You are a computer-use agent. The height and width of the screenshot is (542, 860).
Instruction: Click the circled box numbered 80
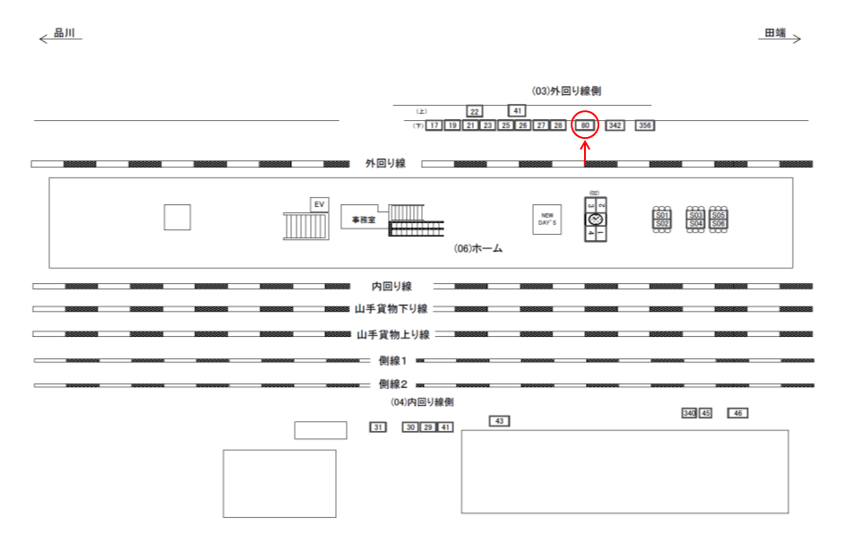pos(585,125)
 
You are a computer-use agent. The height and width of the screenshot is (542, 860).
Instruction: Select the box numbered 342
pos(615,125)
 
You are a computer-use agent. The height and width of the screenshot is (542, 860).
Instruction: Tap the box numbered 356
pos(645,125)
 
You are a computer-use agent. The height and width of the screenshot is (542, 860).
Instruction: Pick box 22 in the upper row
pos(475,111)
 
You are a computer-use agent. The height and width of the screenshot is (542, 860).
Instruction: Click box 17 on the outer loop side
pos(434,125)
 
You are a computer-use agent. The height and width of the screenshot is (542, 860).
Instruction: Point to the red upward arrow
pos(585,154)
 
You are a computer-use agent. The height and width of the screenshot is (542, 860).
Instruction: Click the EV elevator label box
pos(319,205)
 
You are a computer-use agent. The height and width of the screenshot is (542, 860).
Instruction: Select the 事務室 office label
pos(364,219)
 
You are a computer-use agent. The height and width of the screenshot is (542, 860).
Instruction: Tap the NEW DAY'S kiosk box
pos(547,219)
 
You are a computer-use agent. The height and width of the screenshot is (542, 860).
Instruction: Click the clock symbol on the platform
pos(595,219)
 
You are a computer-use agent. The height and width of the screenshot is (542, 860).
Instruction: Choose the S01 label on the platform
pos(662,215)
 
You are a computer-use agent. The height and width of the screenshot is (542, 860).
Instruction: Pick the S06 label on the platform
pos(718,223)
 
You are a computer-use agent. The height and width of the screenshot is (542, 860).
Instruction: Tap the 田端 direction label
pos(775,33)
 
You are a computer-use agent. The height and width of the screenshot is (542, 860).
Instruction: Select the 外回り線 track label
pos(385,163)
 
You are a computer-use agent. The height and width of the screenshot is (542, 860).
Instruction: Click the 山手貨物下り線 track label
pos(391,309)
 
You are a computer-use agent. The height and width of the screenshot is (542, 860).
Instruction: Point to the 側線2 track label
pos(392,384)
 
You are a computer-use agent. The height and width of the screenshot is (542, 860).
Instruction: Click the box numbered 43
pos(499,421)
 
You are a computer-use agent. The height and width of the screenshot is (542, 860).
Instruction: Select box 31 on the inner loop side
pos(377,427)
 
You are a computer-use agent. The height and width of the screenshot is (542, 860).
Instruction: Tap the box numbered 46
pos(737,413)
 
